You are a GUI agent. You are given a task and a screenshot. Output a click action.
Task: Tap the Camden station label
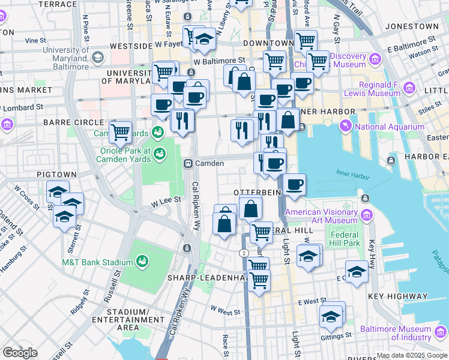209,163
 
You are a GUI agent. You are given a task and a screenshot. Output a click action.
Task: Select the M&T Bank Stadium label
97,262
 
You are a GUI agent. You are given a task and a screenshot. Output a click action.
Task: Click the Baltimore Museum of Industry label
396,334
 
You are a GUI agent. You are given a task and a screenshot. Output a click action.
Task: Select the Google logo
20,353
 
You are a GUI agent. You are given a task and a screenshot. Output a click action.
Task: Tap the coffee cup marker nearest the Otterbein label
294,185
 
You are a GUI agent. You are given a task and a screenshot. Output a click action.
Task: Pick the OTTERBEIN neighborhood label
258,192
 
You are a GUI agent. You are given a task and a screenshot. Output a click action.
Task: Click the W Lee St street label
166,204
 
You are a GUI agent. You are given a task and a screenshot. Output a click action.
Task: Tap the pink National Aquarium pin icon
346,126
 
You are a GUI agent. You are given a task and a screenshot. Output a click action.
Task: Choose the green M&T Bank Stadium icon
143,261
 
